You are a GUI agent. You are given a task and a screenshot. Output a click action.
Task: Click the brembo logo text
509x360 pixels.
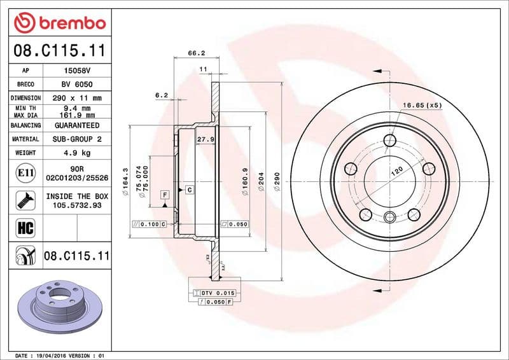pyautogui.click(x=70, y=24)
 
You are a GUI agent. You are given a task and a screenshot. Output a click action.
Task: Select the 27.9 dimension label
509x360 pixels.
pyautogui.click(x=204, y=139)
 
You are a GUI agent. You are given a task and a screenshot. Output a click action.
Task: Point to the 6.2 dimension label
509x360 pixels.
pyautogui.click(x=161, y=95)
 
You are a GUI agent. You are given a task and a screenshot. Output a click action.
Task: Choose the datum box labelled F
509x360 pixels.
pyautogui.click(x=165, y=194)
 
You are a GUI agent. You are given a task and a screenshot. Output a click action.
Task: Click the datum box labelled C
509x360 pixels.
pyautogui.click(x=189, y=190)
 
